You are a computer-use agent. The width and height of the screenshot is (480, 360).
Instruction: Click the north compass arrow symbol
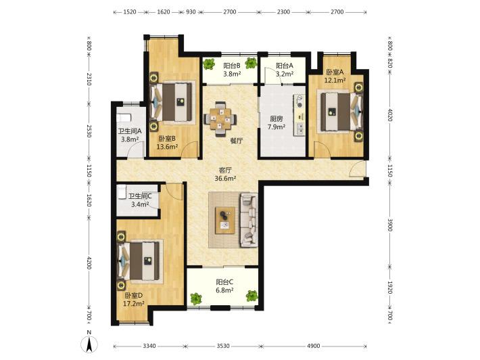[x=89, y=344]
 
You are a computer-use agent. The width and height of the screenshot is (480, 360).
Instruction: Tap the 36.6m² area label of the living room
[x=225, y=179]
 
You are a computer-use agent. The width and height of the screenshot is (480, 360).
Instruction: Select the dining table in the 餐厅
[x=220, y=119]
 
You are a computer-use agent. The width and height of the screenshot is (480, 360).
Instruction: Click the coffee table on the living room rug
[x=225, y=221]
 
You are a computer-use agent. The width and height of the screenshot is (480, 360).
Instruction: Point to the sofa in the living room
[x=249, y=220]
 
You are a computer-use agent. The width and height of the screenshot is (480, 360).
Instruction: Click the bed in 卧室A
[x=339, y=112]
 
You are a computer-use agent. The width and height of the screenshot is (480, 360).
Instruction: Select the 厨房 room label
[x=276, y=118]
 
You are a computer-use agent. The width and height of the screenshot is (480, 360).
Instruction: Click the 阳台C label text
[x=224, y=282]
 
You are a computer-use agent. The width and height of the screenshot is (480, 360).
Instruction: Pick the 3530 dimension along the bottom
[x=223, y=346]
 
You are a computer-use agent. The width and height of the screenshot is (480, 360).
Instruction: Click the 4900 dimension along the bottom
[x=314, y=346]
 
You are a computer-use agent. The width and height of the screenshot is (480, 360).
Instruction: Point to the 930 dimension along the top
[x=191, y=12]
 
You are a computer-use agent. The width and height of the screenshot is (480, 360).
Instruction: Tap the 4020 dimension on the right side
[x=389, y=114]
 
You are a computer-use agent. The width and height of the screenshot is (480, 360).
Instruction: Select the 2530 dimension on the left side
[x=89, y=131]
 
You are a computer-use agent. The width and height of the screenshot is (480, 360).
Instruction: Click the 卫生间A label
[x=130, y=131]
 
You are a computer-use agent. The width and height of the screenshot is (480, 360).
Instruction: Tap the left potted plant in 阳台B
[x=209, y=64]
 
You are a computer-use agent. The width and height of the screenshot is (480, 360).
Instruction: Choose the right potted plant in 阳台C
[x=252, y=296]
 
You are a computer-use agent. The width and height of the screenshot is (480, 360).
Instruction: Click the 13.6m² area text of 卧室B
[x=167, y=147]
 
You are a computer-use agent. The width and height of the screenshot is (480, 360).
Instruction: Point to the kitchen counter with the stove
[x=299, y=115]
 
